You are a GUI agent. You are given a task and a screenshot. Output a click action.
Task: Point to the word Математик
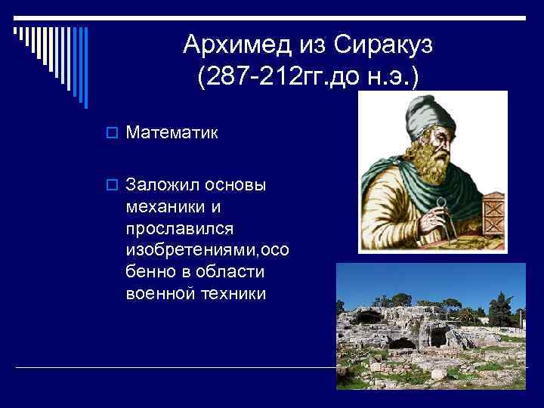click(x=172, y=134)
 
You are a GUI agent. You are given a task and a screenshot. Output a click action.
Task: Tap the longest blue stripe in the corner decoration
click(x=86, y=67)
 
